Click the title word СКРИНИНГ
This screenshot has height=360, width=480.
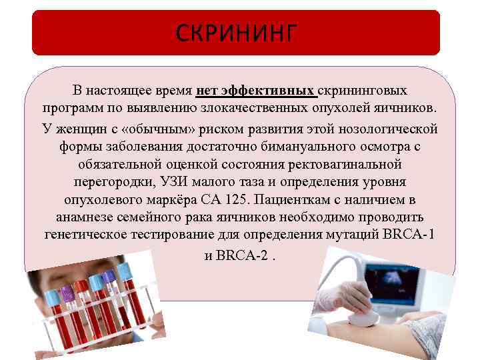[236, 33]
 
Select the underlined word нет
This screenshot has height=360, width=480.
[208, 90]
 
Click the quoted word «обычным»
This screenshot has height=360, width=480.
[137, 127]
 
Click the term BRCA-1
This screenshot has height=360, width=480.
[408, 235]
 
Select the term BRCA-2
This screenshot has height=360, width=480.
[243, 254]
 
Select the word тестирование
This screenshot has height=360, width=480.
[169, 235]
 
